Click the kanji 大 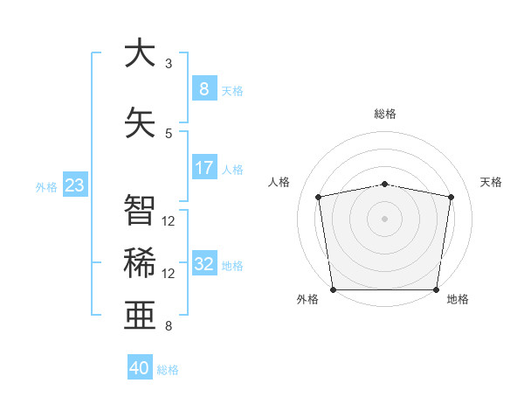140,53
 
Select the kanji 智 140,210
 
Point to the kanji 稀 140,263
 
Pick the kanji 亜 140,316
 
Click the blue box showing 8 203,88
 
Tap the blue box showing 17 203,167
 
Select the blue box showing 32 203,264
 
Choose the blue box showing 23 74,185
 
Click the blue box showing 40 140,368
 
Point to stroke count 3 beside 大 169,64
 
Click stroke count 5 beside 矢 169,133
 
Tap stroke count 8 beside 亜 169,326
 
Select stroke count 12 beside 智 169,220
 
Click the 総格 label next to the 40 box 168,370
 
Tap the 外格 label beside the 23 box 46,186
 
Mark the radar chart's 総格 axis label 385,114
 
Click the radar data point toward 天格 451,197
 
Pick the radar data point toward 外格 333,289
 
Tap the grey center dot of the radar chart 385,218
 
